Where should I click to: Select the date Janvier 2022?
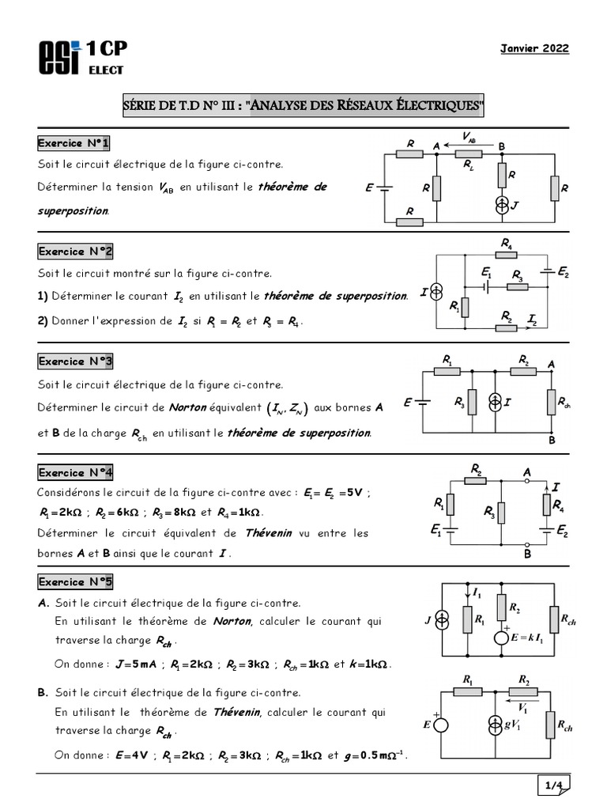(534, 49)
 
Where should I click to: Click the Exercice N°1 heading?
(75, 143)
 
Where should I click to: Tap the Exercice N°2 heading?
(75, 252)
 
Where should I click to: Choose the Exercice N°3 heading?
(75, 361)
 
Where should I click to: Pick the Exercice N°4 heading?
(75, 473)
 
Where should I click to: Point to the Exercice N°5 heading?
(75, 582)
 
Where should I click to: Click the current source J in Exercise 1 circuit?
(501, 205)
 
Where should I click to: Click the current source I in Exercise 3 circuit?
(496, 403)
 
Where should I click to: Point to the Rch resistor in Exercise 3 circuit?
(552, 403)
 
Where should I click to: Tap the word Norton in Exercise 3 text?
(189, 408)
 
